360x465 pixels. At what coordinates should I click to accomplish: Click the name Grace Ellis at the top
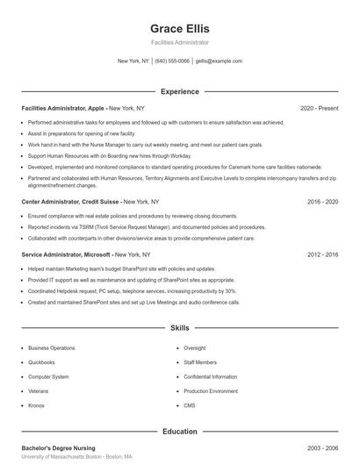point(179,28)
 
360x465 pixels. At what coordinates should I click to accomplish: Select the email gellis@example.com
point(219,61)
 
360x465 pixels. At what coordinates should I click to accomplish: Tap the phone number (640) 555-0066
point(172,61)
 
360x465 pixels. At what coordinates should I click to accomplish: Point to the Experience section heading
point(180,91)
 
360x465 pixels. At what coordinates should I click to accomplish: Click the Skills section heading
point(180,328)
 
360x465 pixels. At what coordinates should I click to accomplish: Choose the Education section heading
point(180,432)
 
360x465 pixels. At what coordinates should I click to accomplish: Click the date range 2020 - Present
point(319,108)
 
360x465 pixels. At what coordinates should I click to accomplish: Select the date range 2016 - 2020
point(323,201)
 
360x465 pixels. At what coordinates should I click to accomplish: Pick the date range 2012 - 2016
point(323,254)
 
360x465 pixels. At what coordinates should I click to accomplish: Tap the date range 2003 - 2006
point(323,448)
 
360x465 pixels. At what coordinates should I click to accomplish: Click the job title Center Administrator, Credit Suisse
point(70,201)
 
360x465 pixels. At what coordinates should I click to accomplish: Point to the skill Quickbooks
point(41,361)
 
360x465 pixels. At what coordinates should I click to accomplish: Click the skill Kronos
point(36,405)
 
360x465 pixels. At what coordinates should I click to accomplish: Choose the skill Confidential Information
point(211,376)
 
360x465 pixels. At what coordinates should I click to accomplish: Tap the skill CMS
point(190,405)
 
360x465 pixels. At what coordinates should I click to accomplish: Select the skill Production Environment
point(211,390)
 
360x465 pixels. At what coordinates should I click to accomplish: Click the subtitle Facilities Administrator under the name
point(180,42)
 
